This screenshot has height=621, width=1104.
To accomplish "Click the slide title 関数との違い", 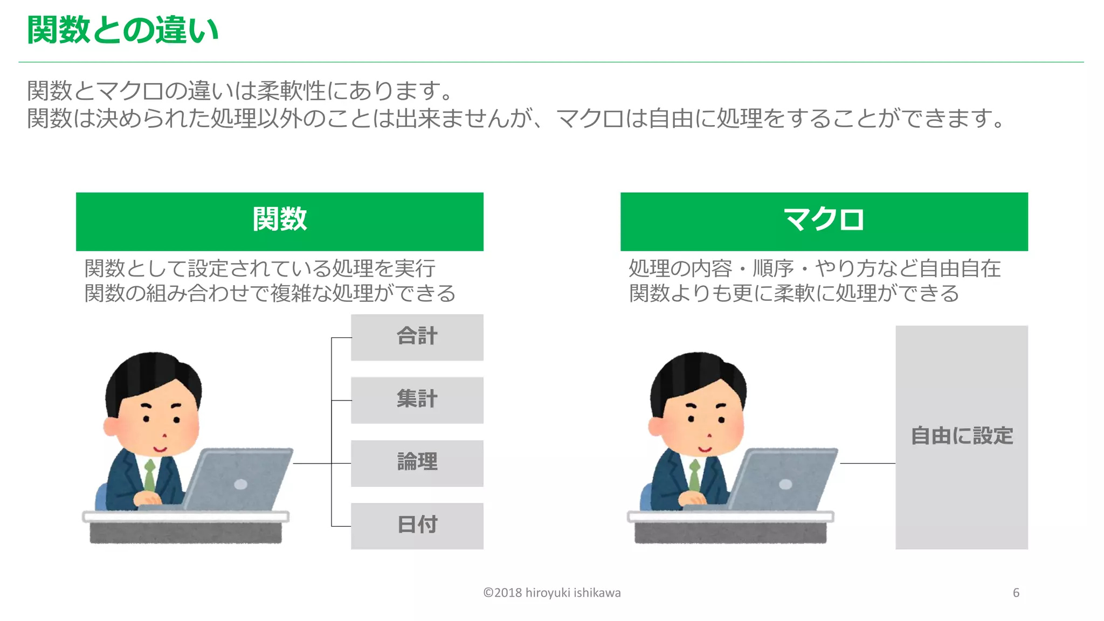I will click(x=123, y=30).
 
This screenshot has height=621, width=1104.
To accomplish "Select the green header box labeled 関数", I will click(x=279, y=221).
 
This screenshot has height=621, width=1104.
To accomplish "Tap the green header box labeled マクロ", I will click(x=824, y=221).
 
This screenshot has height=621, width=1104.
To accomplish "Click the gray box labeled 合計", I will click(x=417, y=337).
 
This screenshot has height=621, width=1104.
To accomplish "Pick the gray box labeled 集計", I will click(x=417, y=400).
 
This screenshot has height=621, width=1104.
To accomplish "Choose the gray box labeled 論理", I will click(x=417, y=463).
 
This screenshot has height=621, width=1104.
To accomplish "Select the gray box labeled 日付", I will click(x=417, y=526).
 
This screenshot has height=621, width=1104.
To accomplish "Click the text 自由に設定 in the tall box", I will click(x=962, y=436).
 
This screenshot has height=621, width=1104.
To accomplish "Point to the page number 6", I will click(x=1016, y=593).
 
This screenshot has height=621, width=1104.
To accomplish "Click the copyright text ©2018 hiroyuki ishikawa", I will click(x=551, y=593).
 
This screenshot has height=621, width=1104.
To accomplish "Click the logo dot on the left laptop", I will click(x=240, y=484).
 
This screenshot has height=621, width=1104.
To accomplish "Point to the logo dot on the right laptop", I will click(x=785, y=484).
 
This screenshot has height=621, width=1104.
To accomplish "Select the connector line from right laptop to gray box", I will click(x=867, y=463).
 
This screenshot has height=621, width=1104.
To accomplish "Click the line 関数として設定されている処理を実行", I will click(x=260, y=268).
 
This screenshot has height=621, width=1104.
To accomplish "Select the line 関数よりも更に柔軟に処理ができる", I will click(x=794, y=293).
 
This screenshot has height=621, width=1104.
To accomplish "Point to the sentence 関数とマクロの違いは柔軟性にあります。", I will click(x=240, y=91).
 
